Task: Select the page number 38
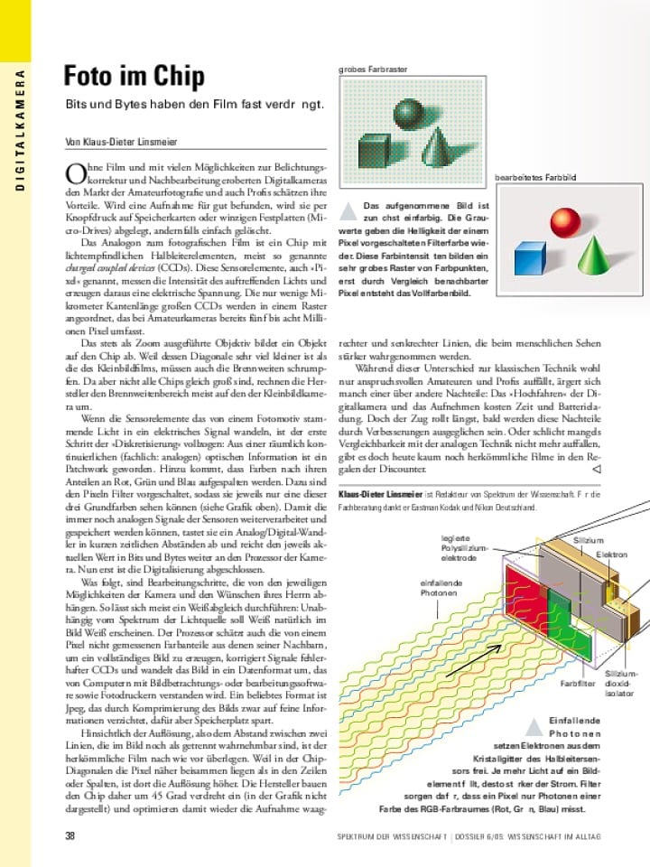pos(70,836)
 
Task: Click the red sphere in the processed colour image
pos(566,221)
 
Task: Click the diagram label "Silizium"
pos(589,540)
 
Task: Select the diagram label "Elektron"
pos(611,555)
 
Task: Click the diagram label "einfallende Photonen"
pos(439,588)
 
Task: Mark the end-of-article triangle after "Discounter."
pos(595,470)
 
